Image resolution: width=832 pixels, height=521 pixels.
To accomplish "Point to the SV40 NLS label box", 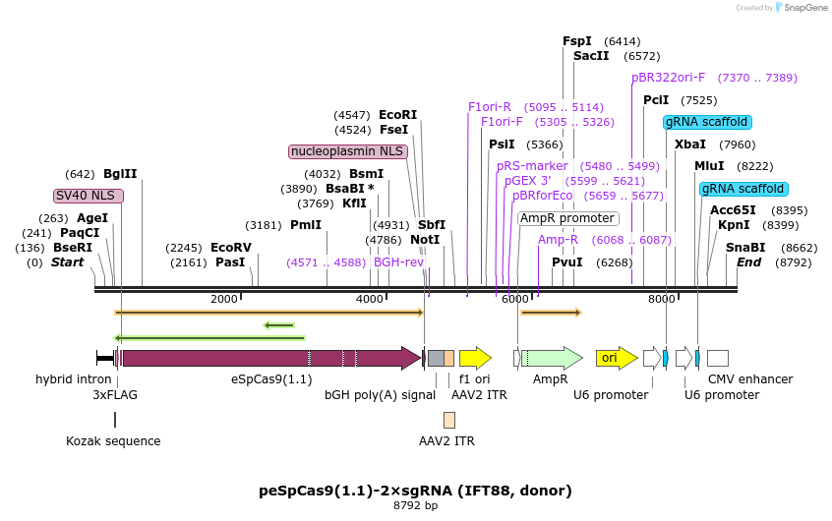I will pyautogui.click(x=89, y=196).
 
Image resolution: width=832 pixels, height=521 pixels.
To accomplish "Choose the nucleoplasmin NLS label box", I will pyautogui.click(x=348, y=151).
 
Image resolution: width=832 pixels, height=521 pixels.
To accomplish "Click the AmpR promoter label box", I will pyautogui.click(x=567, y=218).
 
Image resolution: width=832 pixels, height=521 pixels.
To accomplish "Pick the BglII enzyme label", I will pyautogui.click(x=120, y=174).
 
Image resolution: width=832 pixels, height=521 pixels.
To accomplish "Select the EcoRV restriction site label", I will pyautogui.click(x=231, y=248).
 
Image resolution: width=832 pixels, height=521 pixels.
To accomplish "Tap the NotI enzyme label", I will pyautogui.click(x=425, y=240).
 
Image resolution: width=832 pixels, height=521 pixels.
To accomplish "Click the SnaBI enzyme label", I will pyautogui.click(x=744, y=248).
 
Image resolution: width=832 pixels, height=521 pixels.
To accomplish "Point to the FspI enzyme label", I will pyautogui.click(x=577, y=41).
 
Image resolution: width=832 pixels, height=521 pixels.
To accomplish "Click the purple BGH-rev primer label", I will pyautogui.click(x=398, y=262).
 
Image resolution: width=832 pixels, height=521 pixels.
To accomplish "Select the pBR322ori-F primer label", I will pyautogui.click(x=669, y=78).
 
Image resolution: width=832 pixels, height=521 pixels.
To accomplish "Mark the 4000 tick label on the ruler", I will pyautogui.click(x=369, y=299).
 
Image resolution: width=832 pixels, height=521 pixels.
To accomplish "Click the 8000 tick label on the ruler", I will pyautogui.click(x=662, y=299).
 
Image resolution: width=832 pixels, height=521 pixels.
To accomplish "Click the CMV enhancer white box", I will pyautogui.click(x=718, y=358).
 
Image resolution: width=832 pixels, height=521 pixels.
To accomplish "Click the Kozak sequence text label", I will pyautogui.click(x=113, y=441).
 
